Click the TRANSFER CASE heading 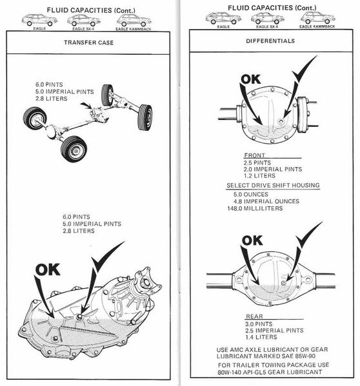click(88, 43)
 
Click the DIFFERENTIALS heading click(270, 41)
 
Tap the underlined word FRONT click(255, 155)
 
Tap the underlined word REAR click(255, 316)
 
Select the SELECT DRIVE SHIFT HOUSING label click(273, 186)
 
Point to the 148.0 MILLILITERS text click(255, 208)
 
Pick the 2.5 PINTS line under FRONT click(257, 163)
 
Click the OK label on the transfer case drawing click(48, 269)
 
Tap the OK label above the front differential click(250, 79)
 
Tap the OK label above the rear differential click(252, 240)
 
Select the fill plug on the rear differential click(284, 283)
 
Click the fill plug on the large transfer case click(79, 317)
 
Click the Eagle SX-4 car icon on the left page click(84, 20)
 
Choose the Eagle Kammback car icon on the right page click(317, 18)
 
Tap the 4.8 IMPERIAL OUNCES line click(266, 201)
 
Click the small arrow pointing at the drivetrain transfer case click(86, 105)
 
